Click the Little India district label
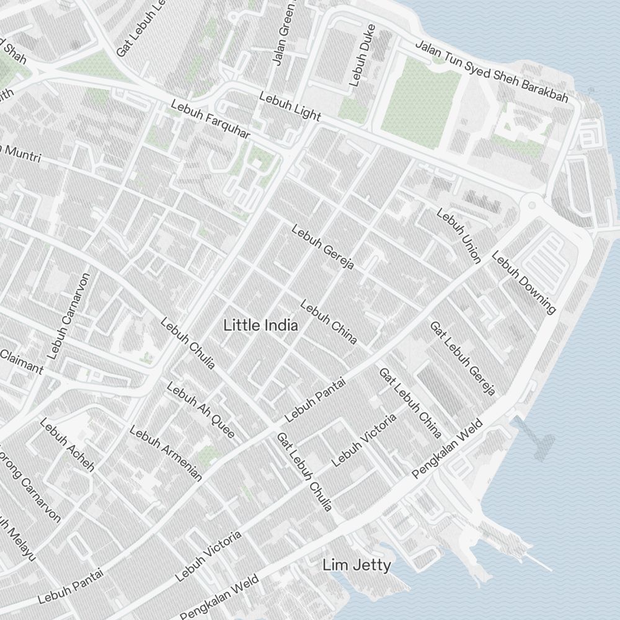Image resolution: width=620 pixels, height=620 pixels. pyautogui.click(x=260, y=325)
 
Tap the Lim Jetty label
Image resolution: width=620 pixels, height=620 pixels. pyautogui.click(x=356, y=565)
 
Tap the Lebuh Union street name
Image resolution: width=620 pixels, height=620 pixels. pyautogui.click(x=459, y=236)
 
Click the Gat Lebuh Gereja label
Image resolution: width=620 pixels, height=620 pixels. pyautogui.click(x=463, y=358)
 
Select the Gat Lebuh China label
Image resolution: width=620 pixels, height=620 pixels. pyautogui.click(x=410, y=402)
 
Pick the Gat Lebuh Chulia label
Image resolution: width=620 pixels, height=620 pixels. pyautogui.click(x=304, y=472)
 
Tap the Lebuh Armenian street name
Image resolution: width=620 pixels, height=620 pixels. pyautogui.click(x=166, y=453)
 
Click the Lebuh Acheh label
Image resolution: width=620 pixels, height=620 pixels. pyautogui.click(x=67, y=445)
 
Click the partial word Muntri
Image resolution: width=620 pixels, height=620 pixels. pyautogui.click(x=22, y=154)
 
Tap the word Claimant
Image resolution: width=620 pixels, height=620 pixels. pyautogui.click(x=22, y=362)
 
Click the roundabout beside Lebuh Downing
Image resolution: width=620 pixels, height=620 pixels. pyautogui.click(x=531, y=203)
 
